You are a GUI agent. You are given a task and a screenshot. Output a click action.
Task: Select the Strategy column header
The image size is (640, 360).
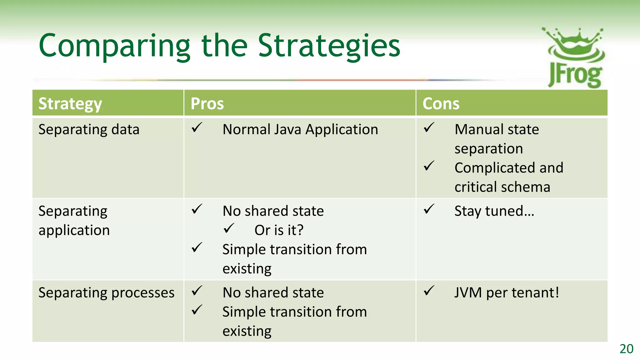(70, 104)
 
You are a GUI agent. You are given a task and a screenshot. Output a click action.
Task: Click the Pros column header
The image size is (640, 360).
(207, 104)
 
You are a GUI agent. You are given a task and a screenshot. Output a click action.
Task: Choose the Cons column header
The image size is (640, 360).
(441, 104)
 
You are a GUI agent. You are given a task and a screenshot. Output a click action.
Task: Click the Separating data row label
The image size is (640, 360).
(89, 129)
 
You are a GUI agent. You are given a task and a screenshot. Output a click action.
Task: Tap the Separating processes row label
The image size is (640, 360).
(106, 293)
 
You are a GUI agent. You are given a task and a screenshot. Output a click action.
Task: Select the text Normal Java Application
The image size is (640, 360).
(300, 129)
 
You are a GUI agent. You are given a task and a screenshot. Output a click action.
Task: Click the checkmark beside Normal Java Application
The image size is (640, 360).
(197, 127)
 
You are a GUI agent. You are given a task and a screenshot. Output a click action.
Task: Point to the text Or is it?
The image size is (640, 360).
(279, 230)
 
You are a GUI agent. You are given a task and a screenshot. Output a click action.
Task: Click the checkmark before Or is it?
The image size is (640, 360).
(229, 228)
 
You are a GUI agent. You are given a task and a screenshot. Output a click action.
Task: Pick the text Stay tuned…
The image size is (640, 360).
(494, 211)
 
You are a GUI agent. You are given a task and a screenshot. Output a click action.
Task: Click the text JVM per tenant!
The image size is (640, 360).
(506, 293)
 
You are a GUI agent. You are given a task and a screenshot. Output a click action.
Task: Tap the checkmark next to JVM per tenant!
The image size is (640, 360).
(429, 291)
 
